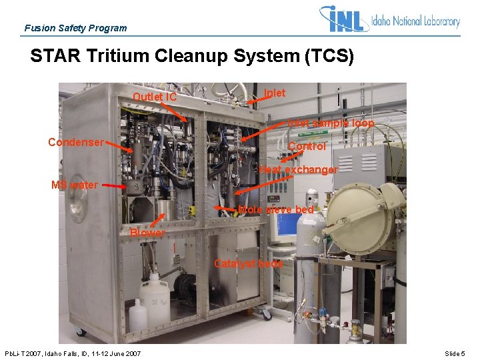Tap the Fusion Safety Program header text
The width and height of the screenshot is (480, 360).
pyautogui.click(x=75, y=28)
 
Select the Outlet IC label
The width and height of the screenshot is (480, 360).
pyautogui.click(x=155, y=97)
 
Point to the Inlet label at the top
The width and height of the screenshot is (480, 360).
pyautogui.click(x=275, y=93)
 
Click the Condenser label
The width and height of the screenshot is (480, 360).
pyautogui.click(x=75, y=142)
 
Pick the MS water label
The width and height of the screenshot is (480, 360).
pyautogui.click(x=75, y=185)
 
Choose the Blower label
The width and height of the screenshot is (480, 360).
pyautogui.click(x=147, y=233)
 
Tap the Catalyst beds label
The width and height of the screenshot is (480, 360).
pyautogui.click(x=249, y=263)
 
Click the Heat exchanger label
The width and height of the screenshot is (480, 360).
pyautogui.click(x=298, y=170)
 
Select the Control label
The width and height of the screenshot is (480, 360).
pyautogui.click(x=308, y=146)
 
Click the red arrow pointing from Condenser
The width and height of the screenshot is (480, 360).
pyautogui.click(x=120, y=147)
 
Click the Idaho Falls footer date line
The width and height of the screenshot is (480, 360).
pyautogui.click(x=73, y=353)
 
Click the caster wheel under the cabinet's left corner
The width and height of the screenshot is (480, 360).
pyautogui.click(x=81, y=331)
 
